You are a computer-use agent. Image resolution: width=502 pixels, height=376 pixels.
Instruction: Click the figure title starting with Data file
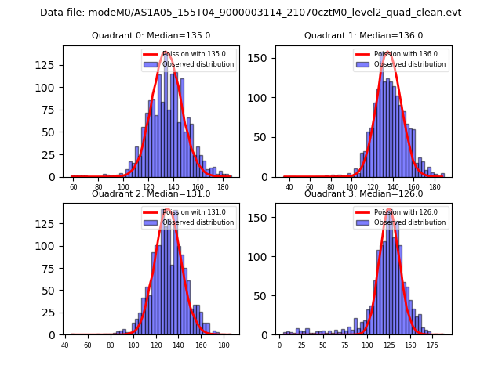pyautogui.click(x=250, y=13)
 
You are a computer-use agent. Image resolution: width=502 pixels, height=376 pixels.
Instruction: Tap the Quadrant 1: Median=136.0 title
pyautogui.click(x=363, y=35)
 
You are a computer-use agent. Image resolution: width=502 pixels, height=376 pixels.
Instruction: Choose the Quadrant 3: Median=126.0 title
pyautogui.click(x=363, y=193)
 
